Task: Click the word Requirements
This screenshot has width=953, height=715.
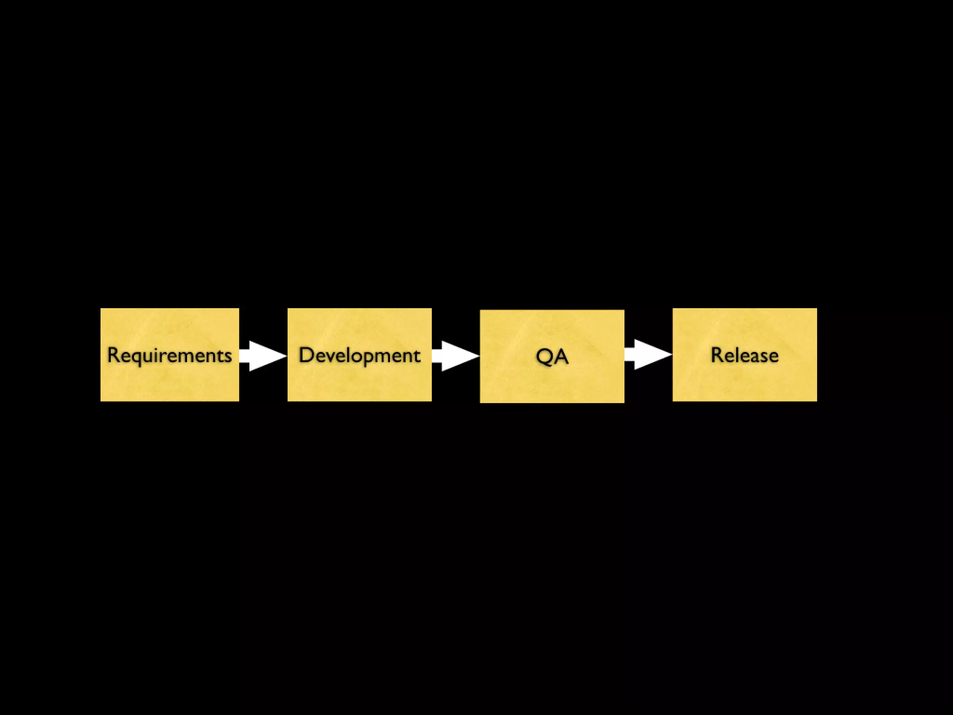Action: [169, 355]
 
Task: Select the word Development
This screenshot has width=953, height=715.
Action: [359, 355]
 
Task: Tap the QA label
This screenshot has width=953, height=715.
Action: [552, 357]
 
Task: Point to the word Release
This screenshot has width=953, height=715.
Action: [745, 355]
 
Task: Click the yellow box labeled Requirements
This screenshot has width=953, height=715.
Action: [169, 382]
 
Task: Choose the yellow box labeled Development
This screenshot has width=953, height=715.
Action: [359, 382]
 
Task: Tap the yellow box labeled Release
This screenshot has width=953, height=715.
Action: [745, 382]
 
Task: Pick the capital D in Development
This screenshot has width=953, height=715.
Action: [306, 355]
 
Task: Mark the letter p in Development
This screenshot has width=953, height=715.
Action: [370, 358]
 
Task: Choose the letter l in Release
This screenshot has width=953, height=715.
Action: [737, 355]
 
